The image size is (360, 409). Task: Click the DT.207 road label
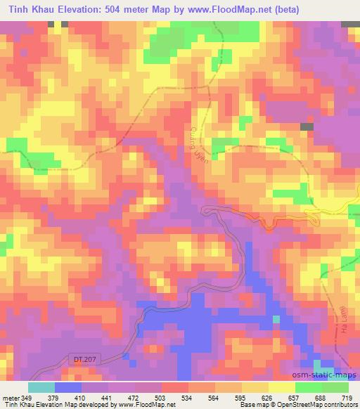(x=81, y=359)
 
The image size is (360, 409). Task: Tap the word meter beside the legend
(x=11, y=398)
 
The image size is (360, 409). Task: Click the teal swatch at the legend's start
(x=41, y=387)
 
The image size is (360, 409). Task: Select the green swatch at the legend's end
(x=335, y=387)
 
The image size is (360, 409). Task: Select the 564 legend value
(x=213, y=398)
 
